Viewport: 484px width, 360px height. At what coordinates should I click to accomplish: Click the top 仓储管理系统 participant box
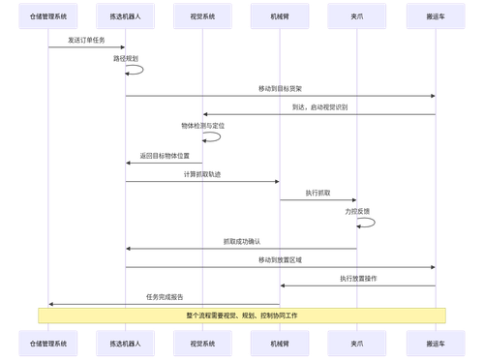tap(48, 17)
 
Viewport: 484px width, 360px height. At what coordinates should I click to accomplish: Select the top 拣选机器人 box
tap(126, 17)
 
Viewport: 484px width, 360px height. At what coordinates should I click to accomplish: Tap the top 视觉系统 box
tap(202, 17)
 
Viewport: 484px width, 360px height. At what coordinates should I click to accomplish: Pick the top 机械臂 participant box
tap(280, 17)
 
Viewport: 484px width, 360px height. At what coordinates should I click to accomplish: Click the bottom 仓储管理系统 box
tap(48, 342)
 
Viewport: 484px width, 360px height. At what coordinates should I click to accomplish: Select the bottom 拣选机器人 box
tap(126, 342)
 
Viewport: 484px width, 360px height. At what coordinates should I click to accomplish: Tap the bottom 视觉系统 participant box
tap(202, 342)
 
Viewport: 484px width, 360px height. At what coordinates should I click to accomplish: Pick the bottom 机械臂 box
tap(280, 342)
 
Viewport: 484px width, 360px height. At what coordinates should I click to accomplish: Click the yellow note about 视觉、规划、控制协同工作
tap(242, 315)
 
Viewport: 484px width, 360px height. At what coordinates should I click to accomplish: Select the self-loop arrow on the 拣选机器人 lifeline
tap(140, 69)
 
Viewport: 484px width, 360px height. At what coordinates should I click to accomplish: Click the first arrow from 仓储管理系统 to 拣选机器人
tap(87, 46)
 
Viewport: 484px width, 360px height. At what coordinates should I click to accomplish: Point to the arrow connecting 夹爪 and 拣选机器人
tap(241, 249)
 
